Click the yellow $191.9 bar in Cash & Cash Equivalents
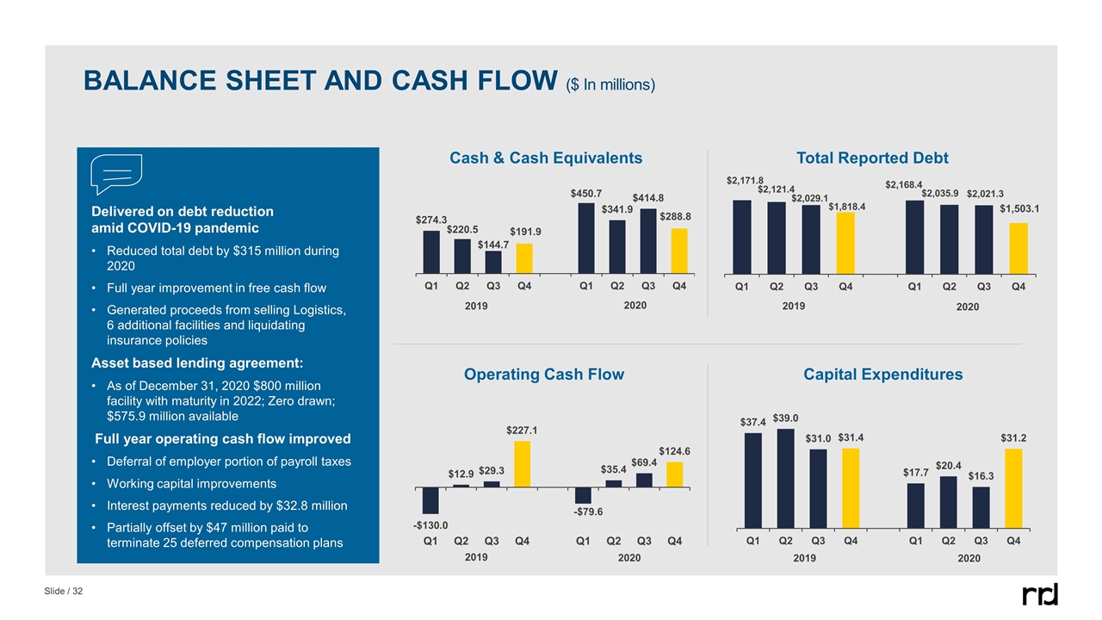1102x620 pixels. pyautogui.click(x=523, y=258)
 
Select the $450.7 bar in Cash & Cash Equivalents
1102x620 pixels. pyautogui.click(x=586, y=238)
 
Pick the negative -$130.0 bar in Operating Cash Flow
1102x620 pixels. pyautogui.click(x=430, y=501)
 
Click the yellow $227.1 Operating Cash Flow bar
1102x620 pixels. pyautogui.click(x=523, y=465)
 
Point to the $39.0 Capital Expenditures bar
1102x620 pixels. pyautogui.click(x=785, y=478)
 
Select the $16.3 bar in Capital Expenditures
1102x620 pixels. pyautogui.click(x=981, y=507)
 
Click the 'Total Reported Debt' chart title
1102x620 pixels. pyautogui.click(x=874, y=158)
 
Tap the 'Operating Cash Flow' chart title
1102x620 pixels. pyautogui.click(x=544, y=375)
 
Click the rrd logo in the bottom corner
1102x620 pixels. pyautogui.click(x=1040, y=594)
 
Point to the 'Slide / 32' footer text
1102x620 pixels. pyautogui.click(x=65, y=592)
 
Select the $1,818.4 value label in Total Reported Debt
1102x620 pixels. pyautogui.click(x=846, y=207)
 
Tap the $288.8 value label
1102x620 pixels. pyautogui.click(x=677, y=218)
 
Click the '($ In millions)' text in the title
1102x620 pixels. pyautogui.click(x=610, y=84)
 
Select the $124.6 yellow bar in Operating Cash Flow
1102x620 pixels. pyautogui.click(x=674, y=475)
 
